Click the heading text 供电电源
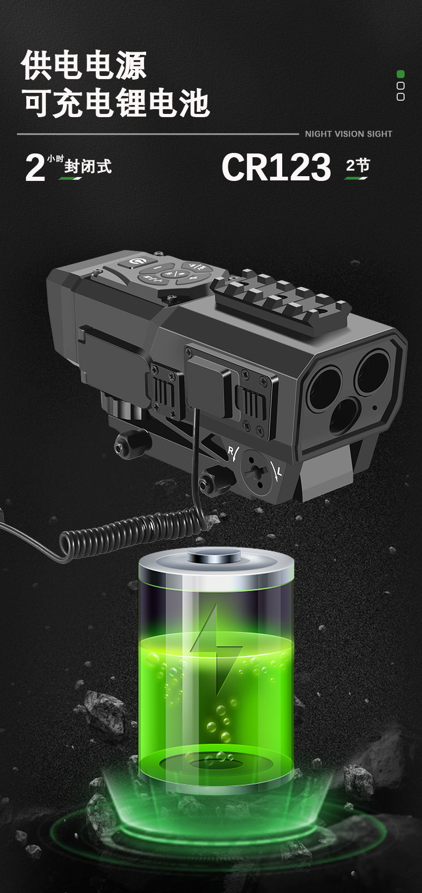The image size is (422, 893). point(84,65)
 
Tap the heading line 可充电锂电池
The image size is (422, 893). point(116,103)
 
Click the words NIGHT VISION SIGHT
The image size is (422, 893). point(349,134)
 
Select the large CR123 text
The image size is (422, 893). point(276,167)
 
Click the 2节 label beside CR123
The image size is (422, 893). point(358,165)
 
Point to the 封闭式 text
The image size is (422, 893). point(88,166)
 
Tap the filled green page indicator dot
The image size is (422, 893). point(400,74)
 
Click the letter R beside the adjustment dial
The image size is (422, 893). point(231,450)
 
